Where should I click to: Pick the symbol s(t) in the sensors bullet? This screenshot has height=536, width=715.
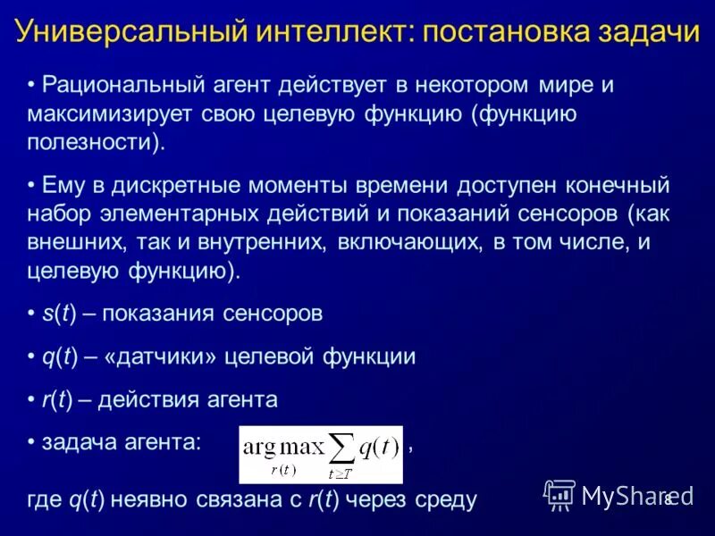click(58, 314)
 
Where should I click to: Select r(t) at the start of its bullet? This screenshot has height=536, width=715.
click(56, 399)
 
